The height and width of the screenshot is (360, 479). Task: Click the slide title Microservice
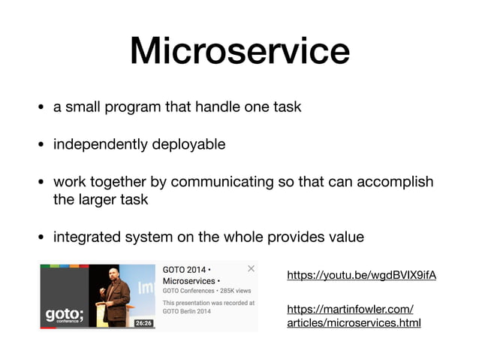(239, 52)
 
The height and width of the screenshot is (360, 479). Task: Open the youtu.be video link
(361, 276)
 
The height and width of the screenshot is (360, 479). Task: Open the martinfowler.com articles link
(354, 316)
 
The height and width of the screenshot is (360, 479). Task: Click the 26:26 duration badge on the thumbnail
(143, 323)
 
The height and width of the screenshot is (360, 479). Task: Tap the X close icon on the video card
(251, 268)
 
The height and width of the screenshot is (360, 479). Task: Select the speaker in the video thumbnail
(115, 296)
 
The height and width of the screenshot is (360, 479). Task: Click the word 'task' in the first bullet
(287, 107)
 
